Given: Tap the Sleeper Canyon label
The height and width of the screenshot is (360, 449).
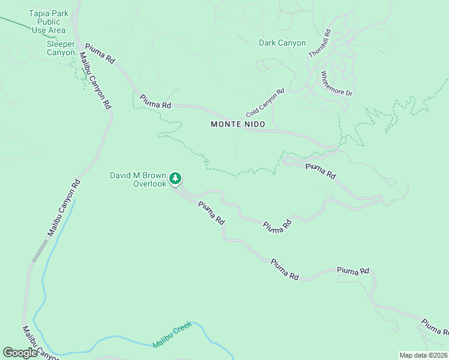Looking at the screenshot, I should coord(61,48).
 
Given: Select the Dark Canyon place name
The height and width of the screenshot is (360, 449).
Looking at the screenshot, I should coord(282,43).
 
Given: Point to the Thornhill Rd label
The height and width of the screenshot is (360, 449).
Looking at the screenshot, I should coord(319,43).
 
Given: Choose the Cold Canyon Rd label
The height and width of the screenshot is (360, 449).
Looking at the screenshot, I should coord(265,104).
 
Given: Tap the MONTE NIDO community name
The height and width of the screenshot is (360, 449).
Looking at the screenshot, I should coord(238,124).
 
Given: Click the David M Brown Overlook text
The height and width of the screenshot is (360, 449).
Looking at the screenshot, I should coord(137,179).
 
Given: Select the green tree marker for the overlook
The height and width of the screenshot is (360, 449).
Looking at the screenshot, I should coord(175,178).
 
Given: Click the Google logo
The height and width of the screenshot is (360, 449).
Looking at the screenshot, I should coord(20,352).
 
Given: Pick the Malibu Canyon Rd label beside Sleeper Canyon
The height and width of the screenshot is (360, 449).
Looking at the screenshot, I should coord(95,80).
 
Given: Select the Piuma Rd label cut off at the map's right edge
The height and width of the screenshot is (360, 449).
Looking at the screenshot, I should coord(434,328).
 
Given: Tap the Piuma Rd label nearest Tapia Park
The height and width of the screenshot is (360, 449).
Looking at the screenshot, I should coord(100,53).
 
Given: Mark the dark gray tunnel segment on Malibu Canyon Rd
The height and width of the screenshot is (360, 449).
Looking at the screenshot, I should coord(40,251).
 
